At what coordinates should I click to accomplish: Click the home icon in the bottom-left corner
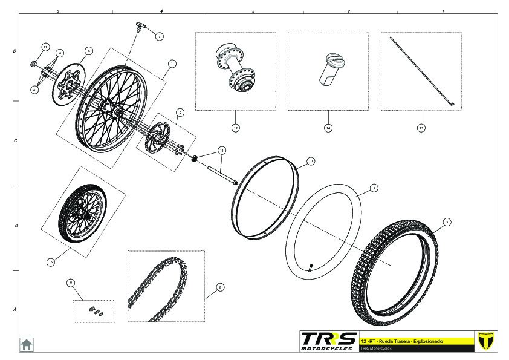pyautogui.click(x=27, y=344)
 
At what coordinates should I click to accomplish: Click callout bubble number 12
pyautogui.click(x=236, y=128)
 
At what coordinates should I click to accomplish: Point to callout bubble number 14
pyautogui.click(x=328, y=128)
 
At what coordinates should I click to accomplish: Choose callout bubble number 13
pyautogui.click(x=421, y=128)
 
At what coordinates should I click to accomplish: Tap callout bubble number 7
pyautogui.click(x=159, y=36)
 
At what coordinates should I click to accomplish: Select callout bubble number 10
pyautogui.click(x=311, y=162)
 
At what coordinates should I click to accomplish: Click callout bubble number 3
pyautogui.click(x=447, y=222)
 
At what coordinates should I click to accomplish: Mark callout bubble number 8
pyautogui.click(x=219, y=287)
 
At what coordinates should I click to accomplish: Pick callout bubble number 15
pyautogui.click(x=51, y=261)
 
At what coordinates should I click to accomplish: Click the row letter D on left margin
pyautogui.click(x=15, y=51)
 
